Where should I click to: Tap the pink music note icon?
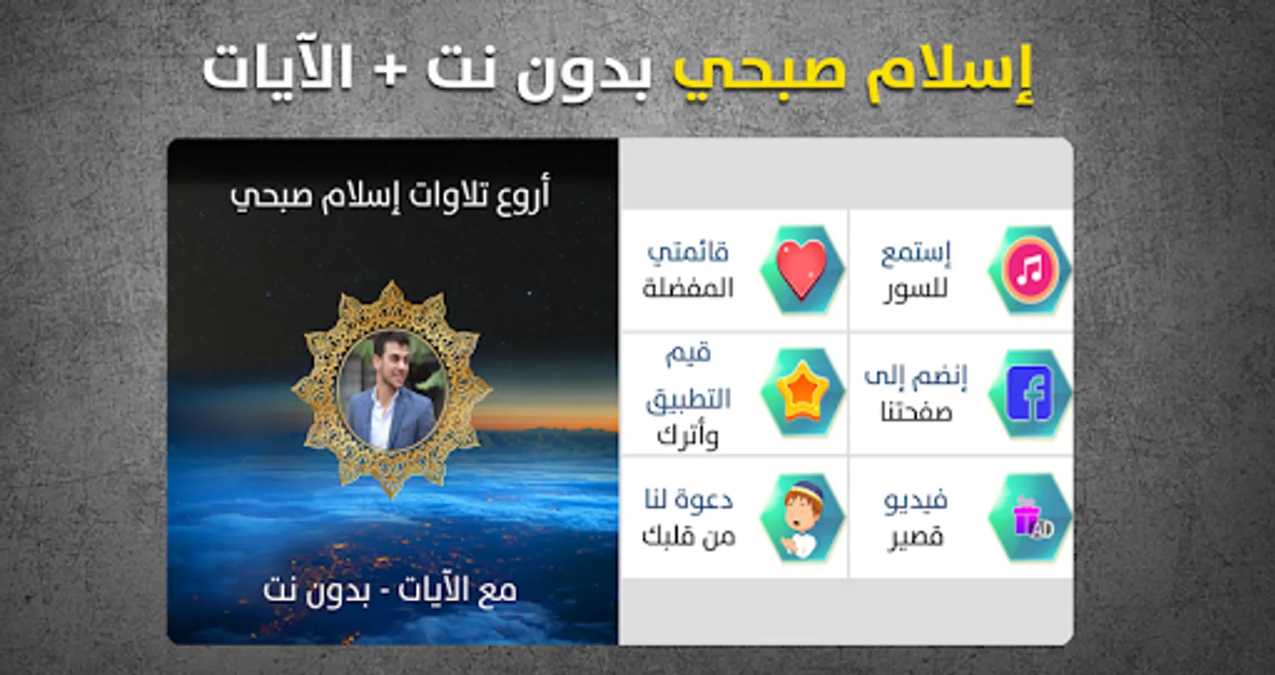(1030, 268)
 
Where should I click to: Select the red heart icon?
(802, 268)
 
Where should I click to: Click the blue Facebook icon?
(1029, 393)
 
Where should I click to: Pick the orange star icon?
(802, 392)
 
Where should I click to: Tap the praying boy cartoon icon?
(802, 518)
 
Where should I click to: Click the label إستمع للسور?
(916, 271)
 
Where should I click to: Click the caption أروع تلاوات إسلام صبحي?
(390, 196)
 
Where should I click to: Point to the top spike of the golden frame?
(391, 282)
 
